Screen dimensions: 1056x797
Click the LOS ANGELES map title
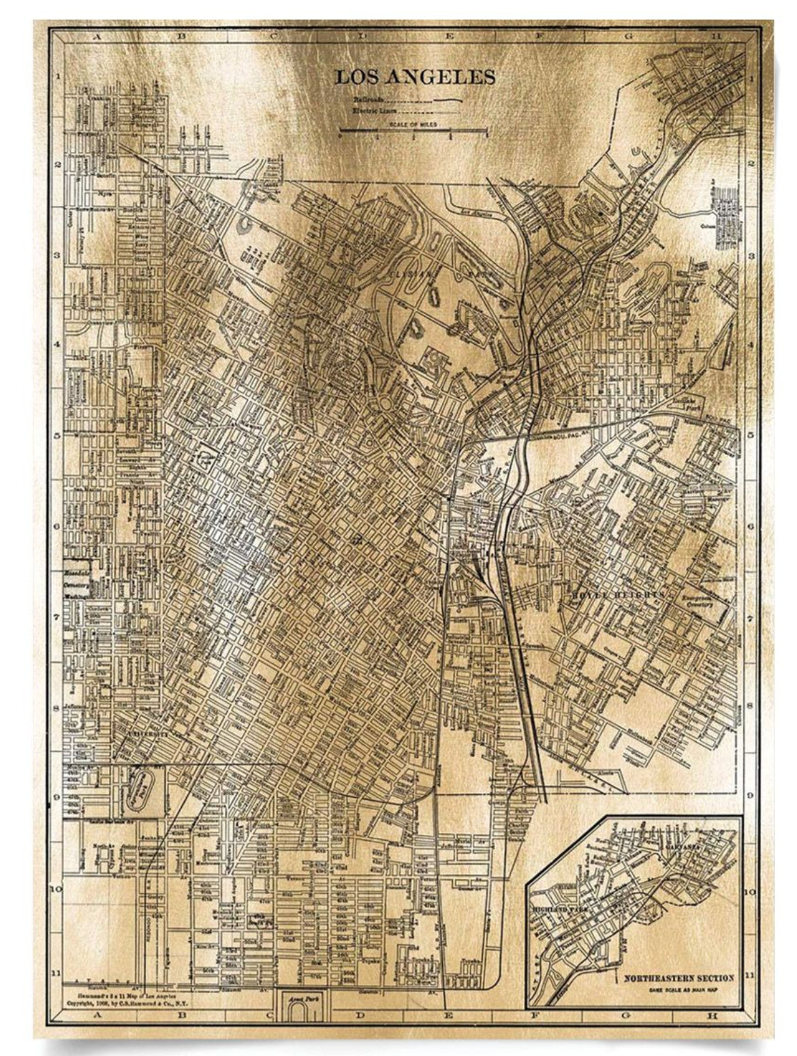415,76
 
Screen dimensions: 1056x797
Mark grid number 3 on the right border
751,255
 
